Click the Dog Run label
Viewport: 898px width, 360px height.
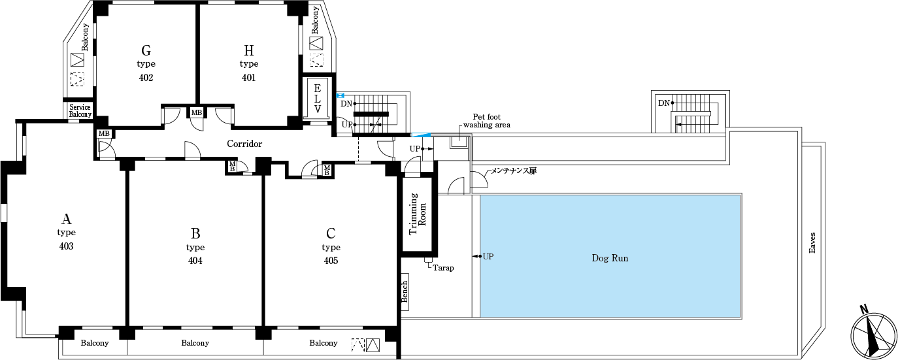coord(610,258)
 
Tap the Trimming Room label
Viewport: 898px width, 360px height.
coord(418,214)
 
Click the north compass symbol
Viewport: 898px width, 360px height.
coord(873,334)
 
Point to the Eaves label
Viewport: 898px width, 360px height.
coord(812,242)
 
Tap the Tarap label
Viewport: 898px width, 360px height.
coord(443,268)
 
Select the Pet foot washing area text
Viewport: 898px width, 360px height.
coord(486,120)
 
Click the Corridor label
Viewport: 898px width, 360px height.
coord(244,144)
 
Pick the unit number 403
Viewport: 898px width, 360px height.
coord(66,246)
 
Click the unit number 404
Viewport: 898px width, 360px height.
coord(195,261)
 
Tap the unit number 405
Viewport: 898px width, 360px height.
coord(331,261)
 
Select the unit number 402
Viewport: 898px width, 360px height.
coord(146,78)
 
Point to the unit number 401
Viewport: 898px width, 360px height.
coord(248,78)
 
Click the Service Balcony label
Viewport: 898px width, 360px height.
coord(80,110)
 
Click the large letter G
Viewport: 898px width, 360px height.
coord(146,50)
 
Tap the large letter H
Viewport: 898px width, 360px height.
coord(248,50)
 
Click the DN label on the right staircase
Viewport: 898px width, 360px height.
coord(664,103)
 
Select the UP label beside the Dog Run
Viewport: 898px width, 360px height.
coord(488,256)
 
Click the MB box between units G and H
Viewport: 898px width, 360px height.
coord(196,113)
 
